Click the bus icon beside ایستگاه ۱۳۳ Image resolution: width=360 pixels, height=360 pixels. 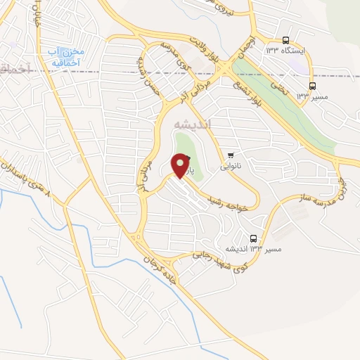(x=285, y=40)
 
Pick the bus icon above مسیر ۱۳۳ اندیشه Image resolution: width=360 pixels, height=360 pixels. (x=253, y=238)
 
